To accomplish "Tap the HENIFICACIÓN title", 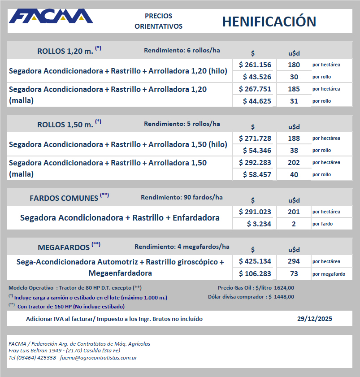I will [x=269, y=22].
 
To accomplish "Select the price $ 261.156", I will [x=255, y=65].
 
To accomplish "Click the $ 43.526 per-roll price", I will [x=256, y=77].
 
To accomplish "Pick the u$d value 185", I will [x=294, y=89].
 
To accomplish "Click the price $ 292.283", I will [x=255, y=162].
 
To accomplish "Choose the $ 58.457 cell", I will [x=256, y=174].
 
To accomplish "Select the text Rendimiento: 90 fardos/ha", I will [x=182, y=197].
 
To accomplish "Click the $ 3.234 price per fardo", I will [x=259, y=224].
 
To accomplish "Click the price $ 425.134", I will [x=255, y=261].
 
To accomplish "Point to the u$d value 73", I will [x=294, y=273].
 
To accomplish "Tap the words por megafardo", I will [x=329, y=273].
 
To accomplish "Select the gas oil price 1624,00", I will [x=285, y=288].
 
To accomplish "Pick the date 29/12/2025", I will [x=315, y=319].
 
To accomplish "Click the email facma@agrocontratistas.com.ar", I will [x=98, y=358].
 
